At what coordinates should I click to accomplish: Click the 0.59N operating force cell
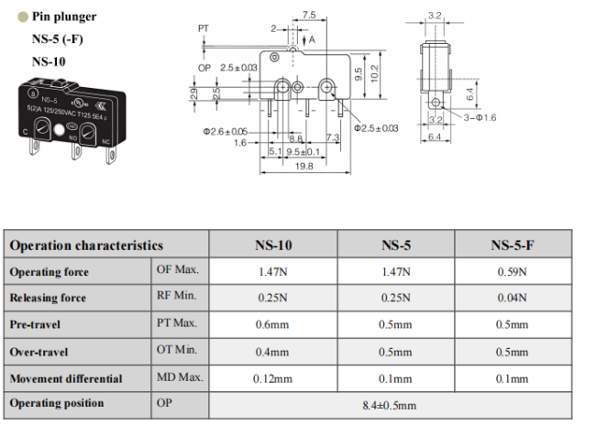tap(512, 272)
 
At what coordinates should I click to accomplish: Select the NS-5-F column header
tap(512, 245)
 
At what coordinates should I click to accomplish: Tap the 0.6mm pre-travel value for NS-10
tap(272, 325)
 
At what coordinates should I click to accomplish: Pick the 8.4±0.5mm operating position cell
tap(389, 405)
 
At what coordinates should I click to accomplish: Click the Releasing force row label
tap(48, 298)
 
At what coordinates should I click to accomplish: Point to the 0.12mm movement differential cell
tap(272, 378)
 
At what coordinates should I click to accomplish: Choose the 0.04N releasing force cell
tap(512, 298)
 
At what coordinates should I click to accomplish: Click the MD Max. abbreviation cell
tap(180, 377)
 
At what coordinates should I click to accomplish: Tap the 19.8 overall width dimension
tap(304, 167)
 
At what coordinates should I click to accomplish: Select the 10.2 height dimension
tap(374, 73)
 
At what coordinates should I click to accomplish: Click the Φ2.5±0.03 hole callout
tap(376, 128)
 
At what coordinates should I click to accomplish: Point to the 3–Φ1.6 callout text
tap(480, 118)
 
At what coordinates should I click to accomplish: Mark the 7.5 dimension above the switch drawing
tap(309, 15)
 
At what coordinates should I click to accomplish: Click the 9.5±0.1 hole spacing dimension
tap(303, 152)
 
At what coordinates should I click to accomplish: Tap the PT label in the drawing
tap(204, 28)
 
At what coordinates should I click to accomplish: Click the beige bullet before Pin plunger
tap(23, 16)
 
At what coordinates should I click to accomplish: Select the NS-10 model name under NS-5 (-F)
tap(49, 61)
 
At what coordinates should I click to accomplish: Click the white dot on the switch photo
tap(59, 130)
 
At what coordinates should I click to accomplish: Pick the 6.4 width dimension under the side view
tap(435, 136)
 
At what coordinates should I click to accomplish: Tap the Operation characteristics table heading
tap(86, 245)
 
